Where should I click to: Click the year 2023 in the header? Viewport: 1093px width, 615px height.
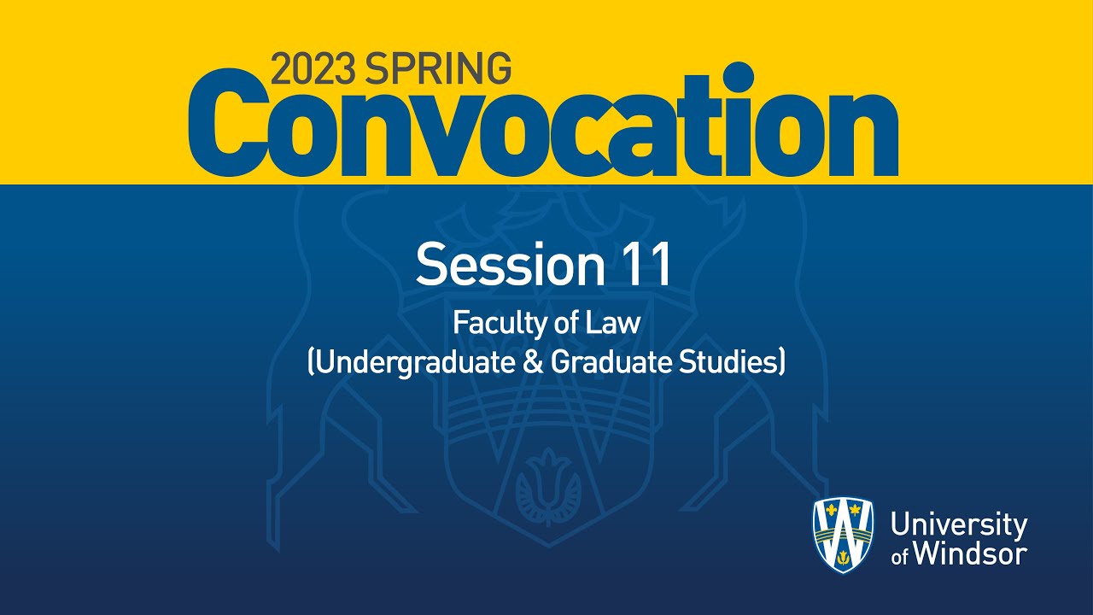(313, 69)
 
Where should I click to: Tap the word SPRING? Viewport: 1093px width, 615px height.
(438, 69)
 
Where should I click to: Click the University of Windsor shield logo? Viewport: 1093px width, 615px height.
(842, 536)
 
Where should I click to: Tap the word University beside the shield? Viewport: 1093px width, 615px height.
(958, 524)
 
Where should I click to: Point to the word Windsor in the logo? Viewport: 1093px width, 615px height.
(970, 553)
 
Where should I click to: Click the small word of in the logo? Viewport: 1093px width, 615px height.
(900, 557)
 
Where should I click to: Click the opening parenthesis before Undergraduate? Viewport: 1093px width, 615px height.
(312, 363)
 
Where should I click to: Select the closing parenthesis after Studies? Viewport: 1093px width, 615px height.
(780, 363)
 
